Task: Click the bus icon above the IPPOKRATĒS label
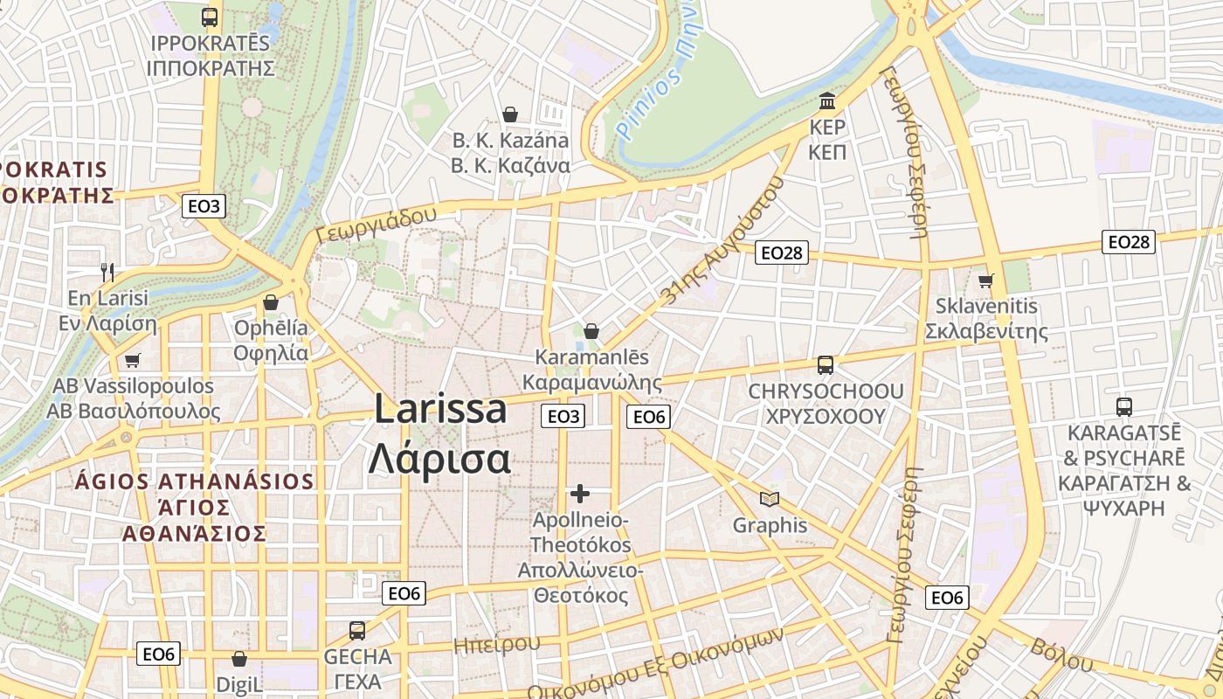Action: click(x=210, y=17)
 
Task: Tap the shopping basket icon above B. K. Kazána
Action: click(x=510, y=114)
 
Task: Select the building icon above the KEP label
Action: click(x=827, y=100)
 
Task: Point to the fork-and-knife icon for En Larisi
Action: click(x=107, y=272)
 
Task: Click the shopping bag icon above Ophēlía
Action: click(x=271, y=302)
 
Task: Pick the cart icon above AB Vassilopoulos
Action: click(x=133, y=360)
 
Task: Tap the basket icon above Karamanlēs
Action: click(x=591, y=331)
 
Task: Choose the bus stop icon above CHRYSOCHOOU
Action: click(x=825, y=364)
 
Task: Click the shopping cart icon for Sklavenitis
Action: click(x=986, y=280)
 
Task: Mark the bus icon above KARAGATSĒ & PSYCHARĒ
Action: click(x=1124, y=406)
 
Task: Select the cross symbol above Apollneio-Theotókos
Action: click(x=580, y=494)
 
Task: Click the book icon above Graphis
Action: click(x=770, y=499)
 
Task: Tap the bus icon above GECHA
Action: click(x=356, y=630)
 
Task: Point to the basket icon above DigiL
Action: click(x=239, y=659)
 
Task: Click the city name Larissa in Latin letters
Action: click(x=440, y=409)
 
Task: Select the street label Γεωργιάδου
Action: click(x=377, y=225)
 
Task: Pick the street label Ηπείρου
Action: click(x=496, y=645)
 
